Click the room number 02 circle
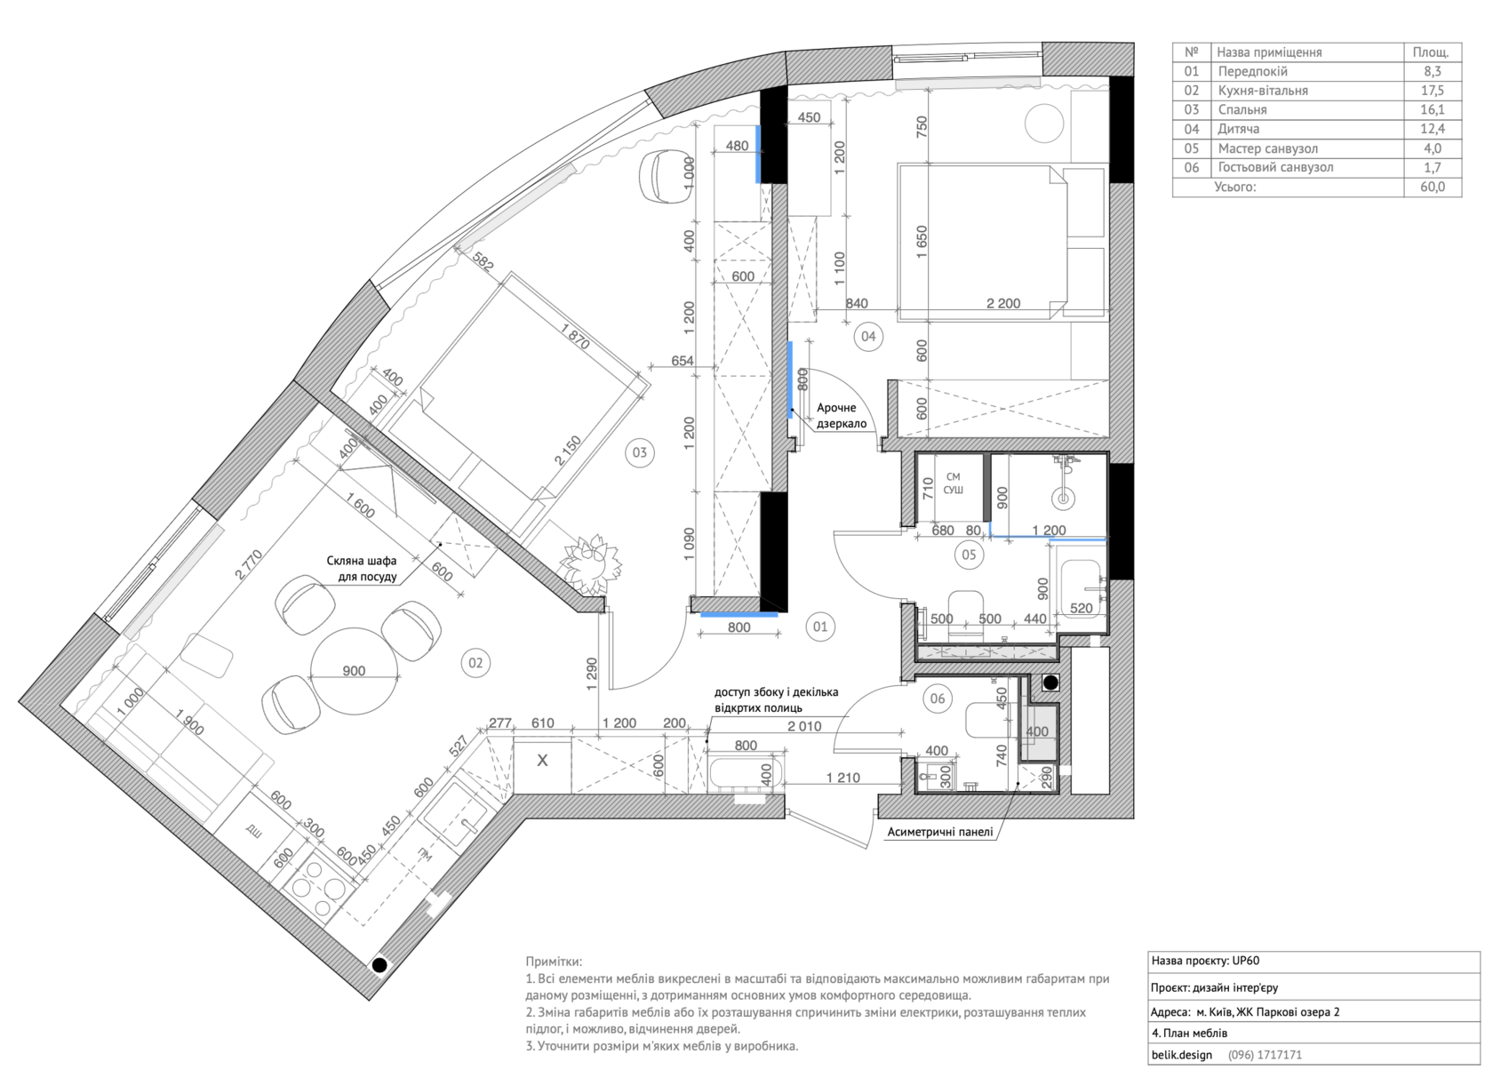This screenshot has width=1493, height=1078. coord(475,663)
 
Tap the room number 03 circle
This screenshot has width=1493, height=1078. coord(639,452)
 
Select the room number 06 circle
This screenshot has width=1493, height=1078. coord(937,699)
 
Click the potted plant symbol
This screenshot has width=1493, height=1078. coord(591,562)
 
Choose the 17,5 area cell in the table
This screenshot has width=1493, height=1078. coord(1432,91)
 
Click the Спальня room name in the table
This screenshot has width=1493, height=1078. coord(1242,110)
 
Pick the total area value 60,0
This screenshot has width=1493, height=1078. coord(1432,187)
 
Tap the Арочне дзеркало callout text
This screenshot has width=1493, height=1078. coord(841,415)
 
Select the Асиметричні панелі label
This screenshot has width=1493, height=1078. coord(940,832)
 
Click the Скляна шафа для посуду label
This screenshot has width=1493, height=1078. coord(361,569)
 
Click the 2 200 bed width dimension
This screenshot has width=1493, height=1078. coord(1003,303)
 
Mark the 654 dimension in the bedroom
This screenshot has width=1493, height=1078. coord(682,361)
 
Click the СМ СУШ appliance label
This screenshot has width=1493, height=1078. coord(953,483)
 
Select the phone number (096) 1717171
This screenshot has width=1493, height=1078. coord(1265,1055)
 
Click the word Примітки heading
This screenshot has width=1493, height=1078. coord(554,962)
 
